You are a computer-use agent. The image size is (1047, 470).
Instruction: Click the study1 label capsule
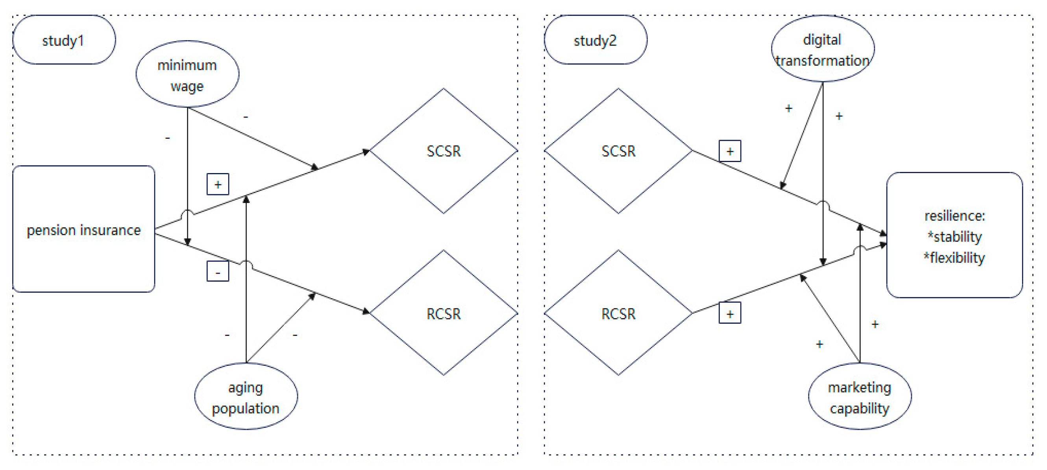64,40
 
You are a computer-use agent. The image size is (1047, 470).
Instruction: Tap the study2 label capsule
595,40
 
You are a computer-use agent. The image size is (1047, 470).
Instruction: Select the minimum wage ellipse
187,74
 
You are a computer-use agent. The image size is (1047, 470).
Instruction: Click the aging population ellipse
246,396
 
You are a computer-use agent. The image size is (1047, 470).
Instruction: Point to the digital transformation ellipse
822,49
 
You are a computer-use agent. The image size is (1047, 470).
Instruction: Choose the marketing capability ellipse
859,396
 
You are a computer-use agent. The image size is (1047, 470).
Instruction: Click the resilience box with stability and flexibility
954,235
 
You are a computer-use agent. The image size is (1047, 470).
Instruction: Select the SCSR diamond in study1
443,151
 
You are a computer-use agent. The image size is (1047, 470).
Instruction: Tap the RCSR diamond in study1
443,313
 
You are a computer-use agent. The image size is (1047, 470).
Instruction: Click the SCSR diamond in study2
618,151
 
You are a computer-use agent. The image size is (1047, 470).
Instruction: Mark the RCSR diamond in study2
618,313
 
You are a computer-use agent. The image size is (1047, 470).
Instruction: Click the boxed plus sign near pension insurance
218,184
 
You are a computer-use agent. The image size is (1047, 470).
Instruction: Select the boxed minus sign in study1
218,271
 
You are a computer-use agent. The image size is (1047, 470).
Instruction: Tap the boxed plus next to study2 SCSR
730,151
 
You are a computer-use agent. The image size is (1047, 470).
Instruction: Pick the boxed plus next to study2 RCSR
730,313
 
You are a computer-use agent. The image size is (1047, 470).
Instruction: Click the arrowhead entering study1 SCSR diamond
366,151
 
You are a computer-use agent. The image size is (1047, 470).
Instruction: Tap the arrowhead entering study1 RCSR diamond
366,311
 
